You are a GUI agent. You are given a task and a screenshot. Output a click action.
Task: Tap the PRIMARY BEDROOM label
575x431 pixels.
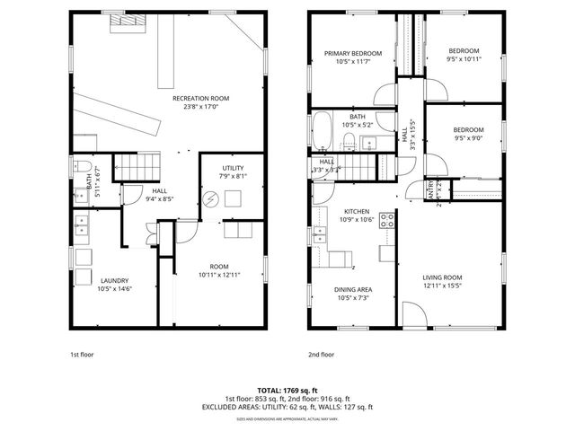pos(352,54)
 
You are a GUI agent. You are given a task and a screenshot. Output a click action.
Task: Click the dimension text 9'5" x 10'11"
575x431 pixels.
pos(464,59)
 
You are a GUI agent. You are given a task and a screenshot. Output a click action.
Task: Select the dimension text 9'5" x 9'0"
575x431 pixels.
pos(468,137)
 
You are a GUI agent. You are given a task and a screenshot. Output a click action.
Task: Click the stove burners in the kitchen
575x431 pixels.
pos(387,218)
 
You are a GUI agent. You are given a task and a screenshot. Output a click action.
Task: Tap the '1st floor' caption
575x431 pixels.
pos(82,355)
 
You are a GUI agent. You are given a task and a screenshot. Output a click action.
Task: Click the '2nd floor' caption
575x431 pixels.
pos(320,355)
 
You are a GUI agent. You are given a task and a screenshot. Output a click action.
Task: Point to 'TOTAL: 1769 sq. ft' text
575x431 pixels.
pos(287,391)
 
